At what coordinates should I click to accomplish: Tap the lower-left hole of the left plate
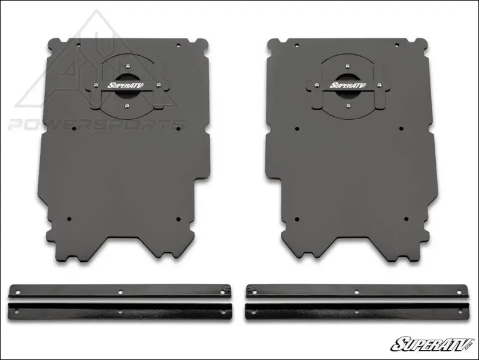pyautogui.click(x=69, y=219)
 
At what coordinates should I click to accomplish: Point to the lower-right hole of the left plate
pyautogui.click(x=178, y=219)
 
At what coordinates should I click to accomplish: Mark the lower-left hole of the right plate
pyautogui.click(x=299, y=219)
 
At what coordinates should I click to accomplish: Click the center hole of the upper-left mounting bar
pyautogui.click(x=120, y=292)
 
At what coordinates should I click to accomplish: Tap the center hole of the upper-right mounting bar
pyautogui.click(x=356, y=292)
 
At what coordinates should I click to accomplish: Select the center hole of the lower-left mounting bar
pyautogui.click(x=120, y=311)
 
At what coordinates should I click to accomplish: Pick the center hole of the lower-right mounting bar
pyautogui.click(x=356, y=311)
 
